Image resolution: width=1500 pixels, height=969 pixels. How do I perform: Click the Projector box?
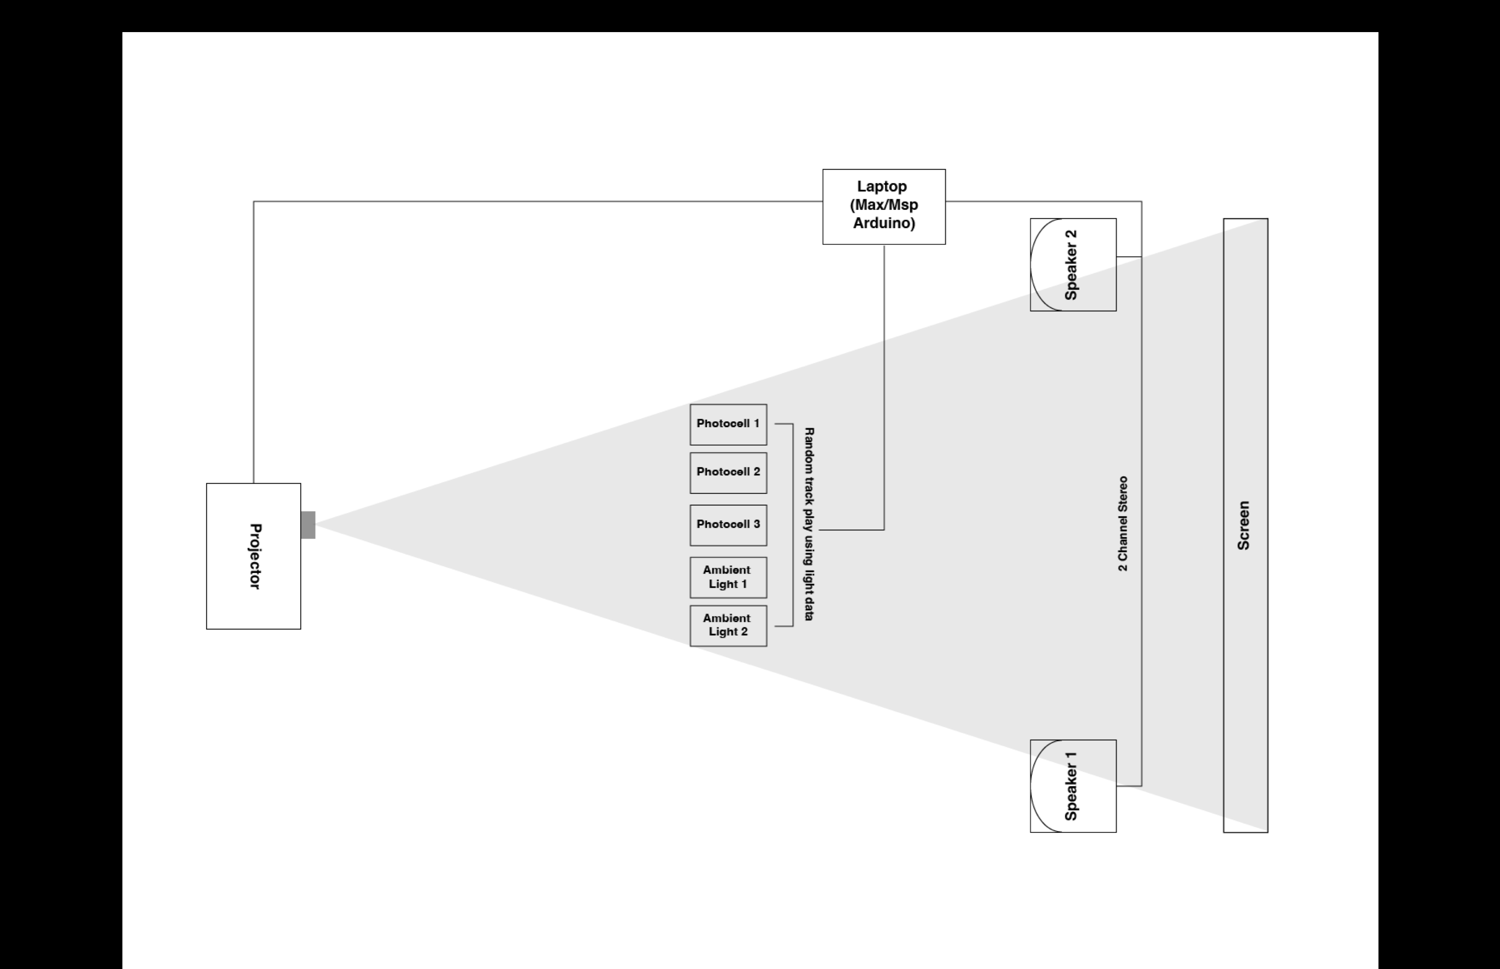coord(253,556)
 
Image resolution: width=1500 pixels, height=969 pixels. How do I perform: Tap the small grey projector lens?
coord(308,525)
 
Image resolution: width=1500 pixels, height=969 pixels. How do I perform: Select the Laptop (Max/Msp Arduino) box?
coord(884,206)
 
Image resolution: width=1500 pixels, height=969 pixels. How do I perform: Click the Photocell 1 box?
coord(728,425)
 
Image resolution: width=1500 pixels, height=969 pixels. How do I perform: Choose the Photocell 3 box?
coord(728,525)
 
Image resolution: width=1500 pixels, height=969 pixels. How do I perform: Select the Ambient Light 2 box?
coord(728,626)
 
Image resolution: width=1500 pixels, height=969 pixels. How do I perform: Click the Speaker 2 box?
coord(1073,265)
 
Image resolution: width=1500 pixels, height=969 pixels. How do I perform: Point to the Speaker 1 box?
coord(1073,786)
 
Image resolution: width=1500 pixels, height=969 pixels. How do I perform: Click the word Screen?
coord(1244,525)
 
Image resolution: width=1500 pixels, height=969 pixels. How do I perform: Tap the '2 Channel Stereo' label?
coord(1123,524)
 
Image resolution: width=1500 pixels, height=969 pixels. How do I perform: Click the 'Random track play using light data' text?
coord(809,524)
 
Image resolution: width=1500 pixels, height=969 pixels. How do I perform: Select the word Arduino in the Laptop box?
coord(884,223)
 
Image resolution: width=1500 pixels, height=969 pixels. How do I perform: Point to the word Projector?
coord(255,556)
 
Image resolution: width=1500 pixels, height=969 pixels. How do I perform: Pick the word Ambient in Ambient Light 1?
coord(727,570)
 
